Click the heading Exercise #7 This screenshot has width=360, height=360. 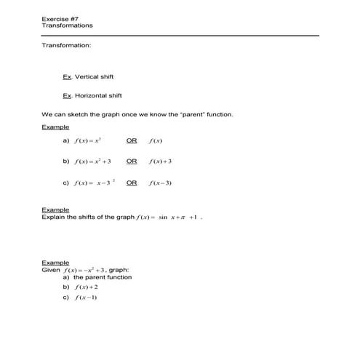(59, 18)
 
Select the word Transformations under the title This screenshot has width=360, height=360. (68, 25)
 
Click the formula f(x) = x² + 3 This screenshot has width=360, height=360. (91, 161)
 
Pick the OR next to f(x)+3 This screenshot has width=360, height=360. (132, 161)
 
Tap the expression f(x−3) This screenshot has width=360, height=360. (160, 183)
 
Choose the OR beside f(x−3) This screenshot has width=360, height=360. (132, 183)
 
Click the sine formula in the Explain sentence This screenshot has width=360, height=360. (167, 217)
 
